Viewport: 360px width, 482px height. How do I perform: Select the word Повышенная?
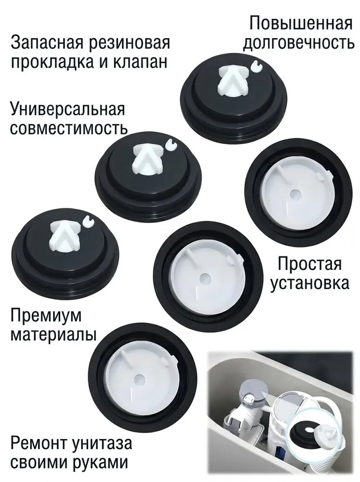[x=300, y=24]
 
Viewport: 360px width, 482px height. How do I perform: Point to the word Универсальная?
[x=67, y=110]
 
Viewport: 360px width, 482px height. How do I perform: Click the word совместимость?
[x=69, y=129]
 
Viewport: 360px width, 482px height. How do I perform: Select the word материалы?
[x=53, y=335]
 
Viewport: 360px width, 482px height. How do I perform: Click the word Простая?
[x=309, y=264]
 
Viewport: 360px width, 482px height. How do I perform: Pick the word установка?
[x=309, y=283]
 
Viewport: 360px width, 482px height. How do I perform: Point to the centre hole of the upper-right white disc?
[x=295, y=194]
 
